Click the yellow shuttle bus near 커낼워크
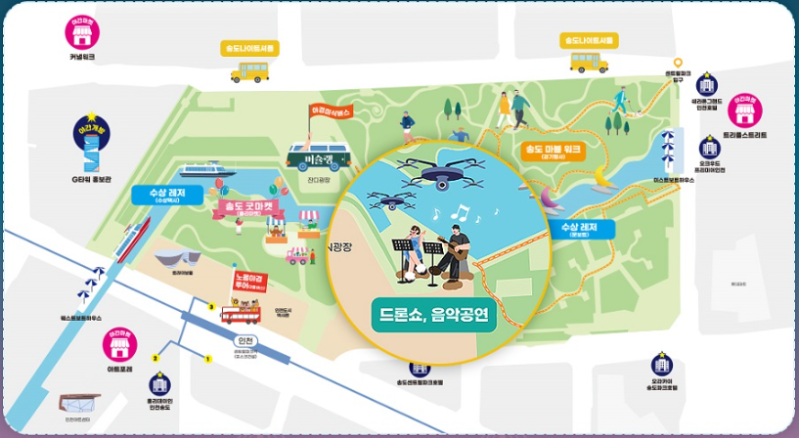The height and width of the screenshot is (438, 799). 249,69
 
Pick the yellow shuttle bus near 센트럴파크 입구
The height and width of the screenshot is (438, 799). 589,62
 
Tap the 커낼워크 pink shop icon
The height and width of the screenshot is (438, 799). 82,31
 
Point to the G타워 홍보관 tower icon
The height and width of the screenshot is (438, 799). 91,146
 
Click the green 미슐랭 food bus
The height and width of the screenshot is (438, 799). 319,155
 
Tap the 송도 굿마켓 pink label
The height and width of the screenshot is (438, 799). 244,207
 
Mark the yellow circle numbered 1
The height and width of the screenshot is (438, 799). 208,359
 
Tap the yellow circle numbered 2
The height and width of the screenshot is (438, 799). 155,359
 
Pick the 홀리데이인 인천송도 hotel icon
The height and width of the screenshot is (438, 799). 158,386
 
